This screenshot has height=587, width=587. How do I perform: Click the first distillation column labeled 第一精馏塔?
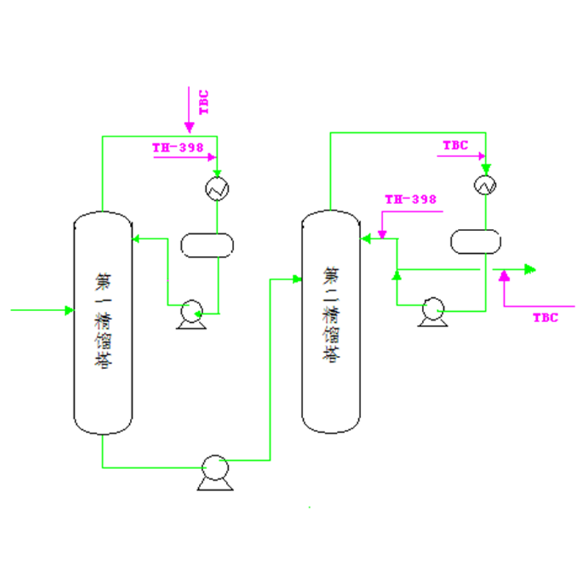pos(103,323)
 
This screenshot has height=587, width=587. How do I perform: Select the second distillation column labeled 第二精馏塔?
pos(331,321)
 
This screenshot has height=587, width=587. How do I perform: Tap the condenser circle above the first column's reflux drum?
pos(217,189)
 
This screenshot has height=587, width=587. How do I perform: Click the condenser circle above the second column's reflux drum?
pos(485,185)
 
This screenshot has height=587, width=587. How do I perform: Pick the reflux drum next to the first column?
pos(207,245)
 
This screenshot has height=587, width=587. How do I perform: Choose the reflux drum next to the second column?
pos(475,241)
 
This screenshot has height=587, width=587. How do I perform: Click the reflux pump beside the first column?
pos(192,315)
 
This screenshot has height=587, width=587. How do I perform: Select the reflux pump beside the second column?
pos(433,312)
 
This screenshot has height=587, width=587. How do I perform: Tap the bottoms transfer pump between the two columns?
pos(215,473)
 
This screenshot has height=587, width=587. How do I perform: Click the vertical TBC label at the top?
pos(204,102)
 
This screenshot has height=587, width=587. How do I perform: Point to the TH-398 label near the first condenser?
pos(178,147)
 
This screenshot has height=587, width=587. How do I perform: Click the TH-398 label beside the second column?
pos(411,199)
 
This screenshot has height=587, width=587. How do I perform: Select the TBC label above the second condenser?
pos(456,145)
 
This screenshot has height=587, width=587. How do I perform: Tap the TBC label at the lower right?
pos(545,318)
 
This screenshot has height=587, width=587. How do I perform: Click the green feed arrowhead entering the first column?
pos(69,310)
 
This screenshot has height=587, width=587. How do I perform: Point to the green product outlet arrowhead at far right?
pos(530,269)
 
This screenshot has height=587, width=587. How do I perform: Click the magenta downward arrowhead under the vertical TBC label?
pos(189,127)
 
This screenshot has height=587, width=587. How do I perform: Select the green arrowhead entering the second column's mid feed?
pos(297,280)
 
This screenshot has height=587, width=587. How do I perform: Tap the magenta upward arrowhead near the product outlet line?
pos(504,276)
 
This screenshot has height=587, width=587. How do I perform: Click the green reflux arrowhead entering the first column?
pos(136,238)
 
